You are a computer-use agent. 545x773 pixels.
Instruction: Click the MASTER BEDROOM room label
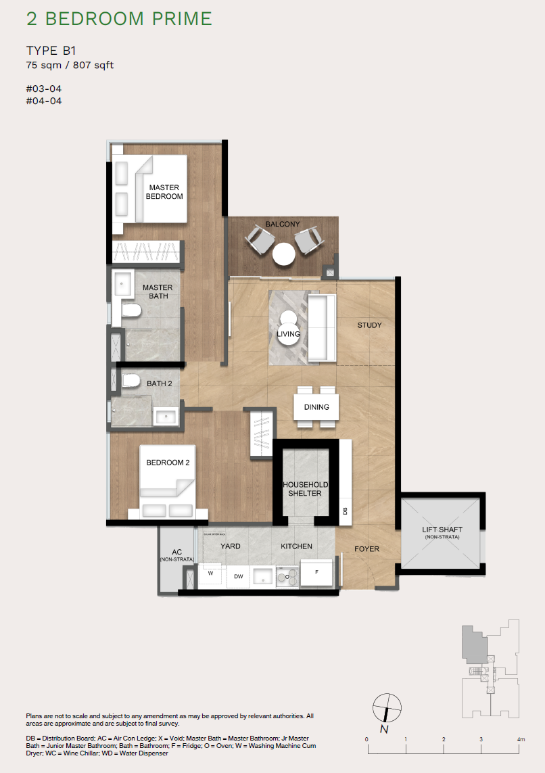pos(165,191)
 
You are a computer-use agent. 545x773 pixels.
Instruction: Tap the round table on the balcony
pos(284,254)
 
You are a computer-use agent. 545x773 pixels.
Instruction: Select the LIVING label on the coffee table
pos(289,333)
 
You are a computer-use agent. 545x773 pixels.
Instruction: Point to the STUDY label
pos(370,325)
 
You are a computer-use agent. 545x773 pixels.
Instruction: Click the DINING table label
pos(316,407)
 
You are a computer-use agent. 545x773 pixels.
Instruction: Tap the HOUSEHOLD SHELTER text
pos(305,489)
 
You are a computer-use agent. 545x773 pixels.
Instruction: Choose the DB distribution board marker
pos(345,511)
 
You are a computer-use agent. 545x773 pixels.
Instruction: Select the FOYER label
pos(367,549)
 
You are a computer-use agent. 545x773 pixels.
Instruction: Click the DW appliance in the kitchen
pos(238,577)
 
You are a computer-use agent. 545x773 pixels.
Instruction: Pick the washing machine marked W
pos(210,573)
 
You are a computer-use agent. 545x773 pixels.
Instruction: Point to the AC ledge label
pos(177,555)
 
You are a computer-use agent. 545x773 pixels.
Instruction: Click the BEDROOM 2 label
pos(168,463)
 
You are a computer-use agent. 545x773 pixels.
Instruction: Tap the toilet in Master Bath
pos(132,310)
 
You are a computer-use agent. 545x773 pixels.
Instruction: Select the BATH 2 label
pos(160,383)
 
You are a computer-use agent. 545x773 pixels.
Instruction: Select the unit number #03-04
pos(39,89)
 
